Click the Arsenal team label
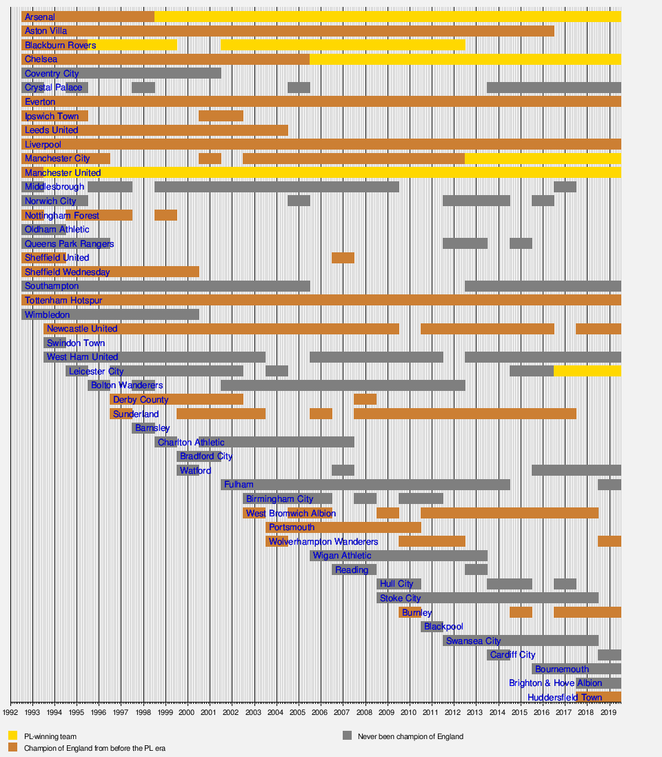39,17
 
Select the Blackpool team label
443,627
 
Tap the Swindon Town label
76,343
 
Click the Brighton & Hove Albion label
555,683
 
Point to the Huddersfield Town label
564,697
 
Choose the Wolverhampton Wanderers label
323,542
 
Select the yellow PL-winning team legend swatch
12,736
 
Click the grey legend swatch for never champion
348,736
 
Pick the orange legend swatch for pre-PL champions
12,747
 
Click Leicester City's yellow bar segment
587,371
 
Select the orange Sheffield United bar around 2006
343,258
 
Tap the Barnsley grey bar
143,428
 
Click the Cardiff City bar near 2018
609,655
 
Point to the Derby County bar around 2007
365,399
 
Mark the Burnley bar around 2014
521,612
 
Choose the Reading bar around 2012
476,570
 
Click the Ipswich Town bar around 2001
221,116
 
